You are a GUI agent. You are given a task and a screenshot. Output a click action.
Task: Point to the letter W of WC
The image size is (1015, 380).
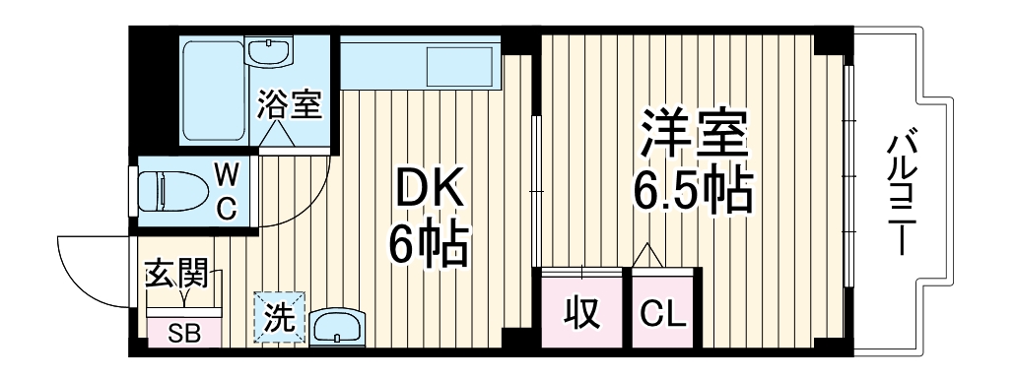pyautogui.click(x=227, y=176)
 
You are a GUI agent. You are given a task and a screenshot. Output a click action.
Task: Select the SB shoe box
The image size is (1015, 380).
pyautogui.click(x=185, y=333)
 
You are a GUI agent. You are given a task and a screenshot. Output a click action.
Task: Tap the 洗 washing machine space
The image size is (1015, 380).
pyautogui.click(x=279, y=319)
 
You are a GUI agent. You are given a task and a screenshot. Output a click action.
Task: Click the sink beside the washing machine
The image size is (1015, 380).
pyautogui.click(x=338, y=326)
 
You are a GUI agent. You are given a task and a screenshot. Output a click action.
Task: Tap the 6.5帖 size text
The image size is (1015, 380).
pyautogui.click(x=692, y=192)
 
